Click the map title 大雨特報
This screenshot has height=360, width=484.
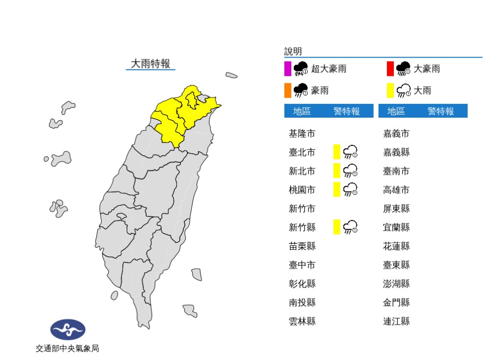(150, 64)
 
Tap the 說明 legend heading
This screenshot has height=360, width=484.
(293, 51)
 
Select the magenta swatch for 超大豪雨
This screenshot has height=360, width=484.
(288, 69)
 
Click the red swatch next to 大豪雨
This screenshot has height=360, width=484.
(390, 69)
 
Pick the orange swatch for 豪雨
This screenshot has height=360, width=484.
(288, 91)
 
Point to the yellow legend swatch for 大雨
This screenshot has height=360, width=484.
(390, 91)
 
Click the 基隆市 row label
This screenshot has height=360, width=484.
(302, 133)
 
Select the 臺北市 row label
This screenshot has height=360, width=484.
(302, 152)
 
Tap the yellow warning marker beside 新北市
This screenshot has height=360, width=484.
(337, 171)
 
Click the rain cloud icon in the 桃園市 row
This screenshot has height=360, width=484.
(350, 190)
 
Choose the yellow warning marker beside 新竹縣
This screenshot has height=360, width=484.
(337, 227)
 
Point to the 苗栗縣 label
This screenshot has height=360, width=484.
(302, 246)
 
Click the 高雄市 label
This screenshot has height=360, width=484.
(396, 190)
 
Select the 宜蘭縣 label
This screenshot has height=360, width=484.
(396, 227)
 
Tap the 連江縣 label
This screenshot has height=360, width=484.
(396, 322)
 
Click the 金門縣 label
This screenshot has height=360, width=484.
(396, 302)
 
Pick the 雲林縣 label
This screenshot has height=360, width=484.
(302, 322)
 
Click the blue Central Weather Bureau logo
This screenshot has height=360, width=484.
(68, 329)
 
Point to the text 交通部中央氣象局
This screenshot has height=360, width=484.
(68, 349)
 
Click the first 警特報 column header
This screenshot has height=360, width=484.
(346, 111)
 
